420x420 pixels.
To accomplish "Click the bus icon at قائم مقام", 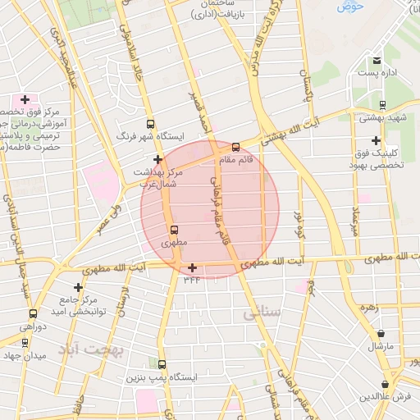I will [x=236, y=148].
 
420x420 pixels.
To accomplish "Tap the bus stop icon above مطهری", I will [x=173, y=231].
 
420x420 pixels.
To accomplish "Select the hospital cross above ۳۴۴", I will [x=192, y=267].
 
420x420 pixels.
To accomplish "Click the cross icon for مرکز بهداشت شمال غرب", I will [x=157, y=159].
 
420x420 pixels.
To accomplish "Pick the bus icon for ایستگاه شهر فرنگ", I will [x=148, y=123].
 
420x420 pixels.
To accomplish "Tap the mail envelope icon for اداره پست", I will [x=377, y=61].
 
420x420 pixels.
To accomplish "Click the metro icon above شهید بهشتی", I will [x=382, y=105].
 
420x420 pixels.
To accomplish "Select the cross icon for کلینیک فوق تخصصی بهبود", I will [x=376, y=140].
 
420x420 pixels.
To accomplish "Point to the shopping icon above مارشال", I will [x=381, y=334].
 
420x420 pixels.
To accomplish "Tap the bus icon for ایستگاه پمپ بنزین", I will [x=162, y=365].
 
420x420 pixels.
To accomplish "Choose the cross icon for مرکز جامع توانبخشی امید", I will [x=78, y=287].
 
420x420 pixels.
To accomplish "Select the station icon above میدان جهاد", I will [x=25, y=343].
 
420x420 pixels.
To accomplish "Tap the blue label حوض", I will [x=350, y=7].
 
